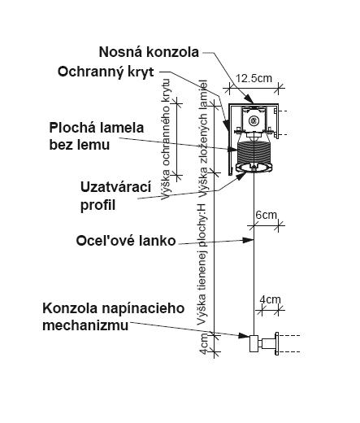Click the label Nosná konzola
point(149,52)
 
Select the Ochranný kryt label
point(106,72)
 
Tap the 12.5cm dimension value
point(254,78)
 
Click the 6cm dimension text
point(266,215)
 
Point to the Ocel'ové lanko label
point(126,241)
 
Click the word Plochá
point(72,128)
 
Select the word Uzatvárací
point(115,187)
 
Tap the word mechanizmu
point(85,325)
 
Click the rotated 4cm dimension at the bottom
point(203,343)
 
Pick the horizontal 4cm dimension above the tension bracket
point(270,299)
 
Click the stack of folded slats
point(254,153)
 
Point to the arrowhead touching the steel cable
point(248,240)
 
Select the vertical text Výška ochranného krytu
point(166,139)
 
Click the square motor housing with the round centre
point(254,120)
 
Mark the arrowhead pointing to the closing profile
point(241,176)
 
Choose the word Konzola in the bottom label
point(68,308)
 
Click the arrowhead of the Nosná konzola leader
point(249,99)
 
